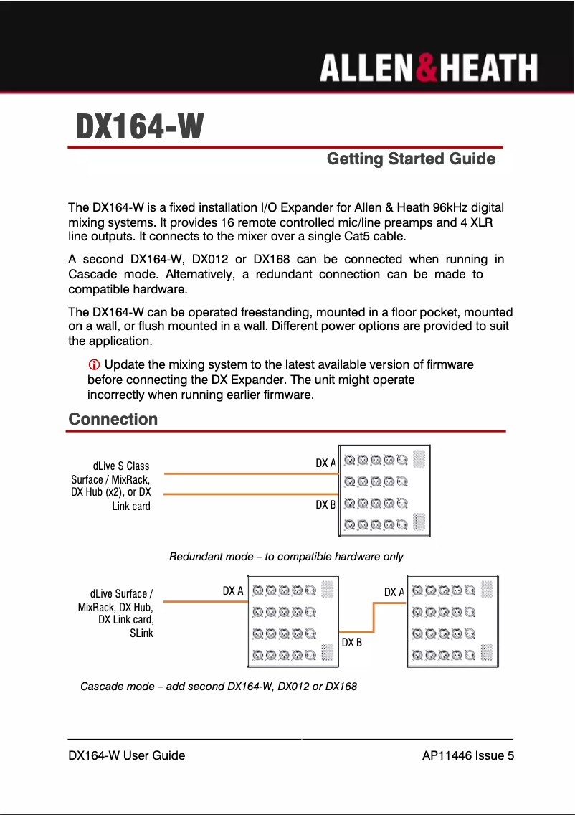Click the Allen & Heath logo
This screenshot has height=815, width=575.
point(428,69)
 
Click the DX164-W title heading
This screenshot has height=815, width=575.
point(141,128)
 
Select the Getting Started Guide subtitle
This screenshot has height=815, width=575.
point(411,159)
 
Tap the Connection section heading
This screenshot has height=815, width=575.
point(113,419)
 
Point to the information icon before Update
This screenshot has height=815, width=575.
point(94,365)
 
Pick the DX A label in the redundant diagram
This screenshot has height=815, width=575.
point(325,463)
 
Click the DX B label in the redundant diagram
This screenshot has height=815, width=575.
point(325,504)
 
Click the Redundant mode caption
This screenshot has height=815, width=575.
point(286,557)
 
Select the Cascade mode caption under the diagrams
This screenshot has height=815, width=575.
point(219,687)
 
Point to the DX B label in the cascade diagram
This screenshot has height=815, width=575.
point(351,642)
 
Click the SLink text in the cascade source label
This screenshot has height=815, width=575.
point(142,633)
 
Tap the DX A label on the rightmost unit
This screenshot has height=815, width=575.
point(394,592)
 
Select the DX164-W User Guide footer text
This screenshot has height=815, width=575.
point(126,755)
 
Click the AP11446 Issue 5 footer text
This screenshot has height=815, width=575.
point(468,755)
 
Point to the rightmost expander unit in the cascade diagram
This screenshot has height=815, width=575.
point(452,621)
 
